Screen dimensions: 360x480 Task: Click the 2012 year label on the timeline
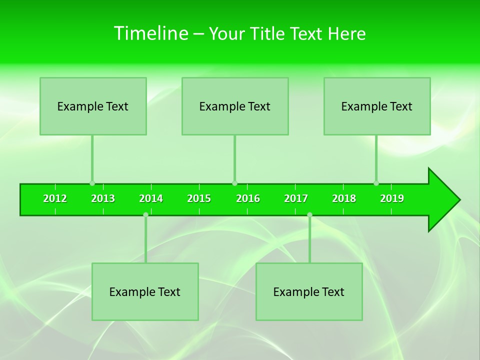(x=55, y=198)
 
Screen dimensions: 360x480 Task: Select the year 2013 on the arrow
(x=103, y=198)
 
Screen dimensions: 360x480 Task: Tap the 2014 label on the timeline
(x=151, y=198)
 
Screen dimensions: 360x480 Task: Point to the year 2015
(x=199, y=198)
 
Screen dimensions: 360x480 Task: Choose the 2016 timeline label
(x=248, y=198)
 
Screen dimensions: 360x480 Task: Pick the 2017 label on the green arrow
(x=296, y=198)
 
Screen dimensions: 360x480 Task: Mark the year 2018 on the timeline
(x=344, y=198)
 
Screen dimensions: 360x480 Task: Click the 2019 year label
(x=392, y=198)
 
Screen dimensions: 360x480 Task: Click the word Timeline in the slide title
(x=150, y=33)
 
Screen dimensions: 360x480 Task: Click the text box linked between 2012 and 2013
(x=93, y=106)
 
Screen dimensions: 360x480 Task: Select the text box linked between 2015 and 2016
(x=235, y=106)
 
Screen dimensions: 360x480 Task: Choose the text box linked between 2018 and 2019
(x=377, y=106)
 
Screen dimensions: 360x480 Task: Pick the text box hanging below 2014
(x=145, y=291)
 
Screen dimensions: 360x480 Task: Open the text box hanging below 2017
(x=309, y=291)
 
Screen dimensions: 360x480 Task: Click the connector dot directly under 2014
(x=145, y=214)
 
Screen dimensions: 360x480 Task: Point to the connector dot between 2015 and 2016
(x=234, y=183)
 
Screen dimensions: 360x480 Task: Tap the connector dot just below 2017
(x=309, y=214)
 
